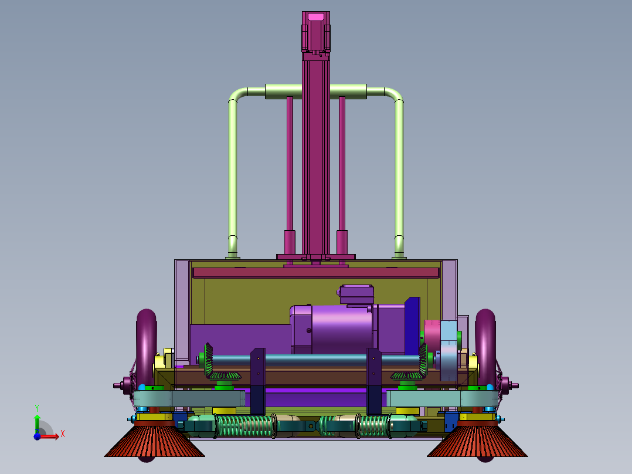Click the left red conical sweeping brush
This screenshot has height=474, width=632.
coord(154,441)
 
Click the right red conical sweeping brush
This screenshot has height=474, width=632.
coord(477,441)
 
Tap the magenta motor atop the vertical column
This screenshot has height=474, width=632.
coord(316,32)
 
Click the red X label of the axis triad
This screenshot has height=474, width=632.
coord(63,434)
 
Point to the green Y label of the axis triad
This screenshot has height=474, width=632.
coord(37,408)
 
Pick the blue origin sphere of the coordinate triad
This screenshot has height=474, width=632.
coord(37,436)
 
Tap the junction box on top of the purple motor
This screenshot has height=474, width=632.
coord(356,294)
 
